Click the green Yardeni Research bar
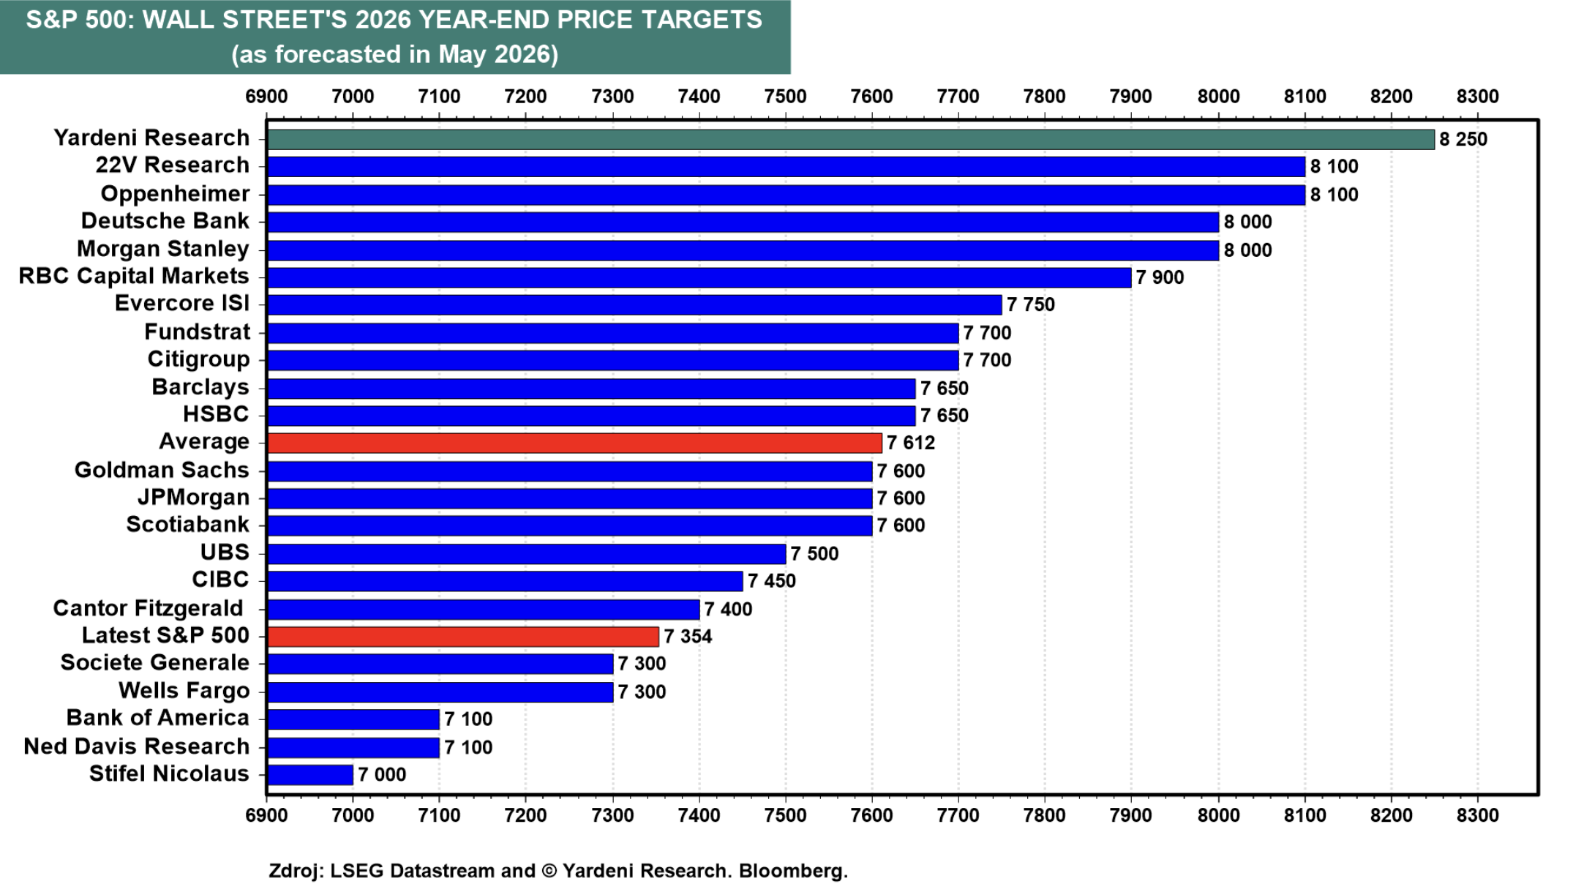851,139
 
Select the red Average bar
574,443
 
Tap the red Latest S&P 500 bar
463,637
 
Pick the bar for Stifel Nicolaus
310,774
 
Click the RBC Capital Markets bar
699,277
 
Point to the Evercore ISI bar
634,304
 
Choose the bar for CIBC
505,581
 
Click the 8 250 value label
1463,139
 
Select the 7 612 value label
911,443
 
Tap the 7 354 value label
688,637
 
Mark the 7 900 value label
1160,277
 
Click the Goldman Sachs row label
162,470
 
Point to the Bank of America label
158,718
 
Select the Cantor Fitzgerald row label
148,608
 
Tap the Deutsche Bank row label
165,221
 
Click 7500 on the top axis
785,97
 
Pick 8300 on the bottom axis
1478,815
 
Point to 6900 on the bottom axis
266,815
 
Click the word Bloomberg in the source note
793,871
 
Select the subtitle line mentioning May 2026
395,54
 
